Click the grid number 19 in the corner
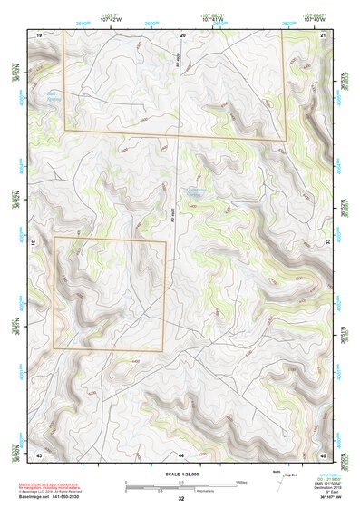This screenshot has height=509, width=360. [x=39, y=34]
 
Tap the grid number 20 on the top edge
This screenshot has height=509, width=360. [x=182, y=34]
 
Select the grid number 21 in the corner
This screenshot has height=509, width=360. [x=324, y=34]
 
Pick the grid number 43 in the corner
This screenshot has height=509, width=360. [x=39, y=454]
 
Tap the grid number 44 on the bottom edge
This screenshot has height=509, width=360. [x=181, y=454]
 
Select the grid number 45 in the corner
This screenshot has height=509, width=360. [x=324, y=454]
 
